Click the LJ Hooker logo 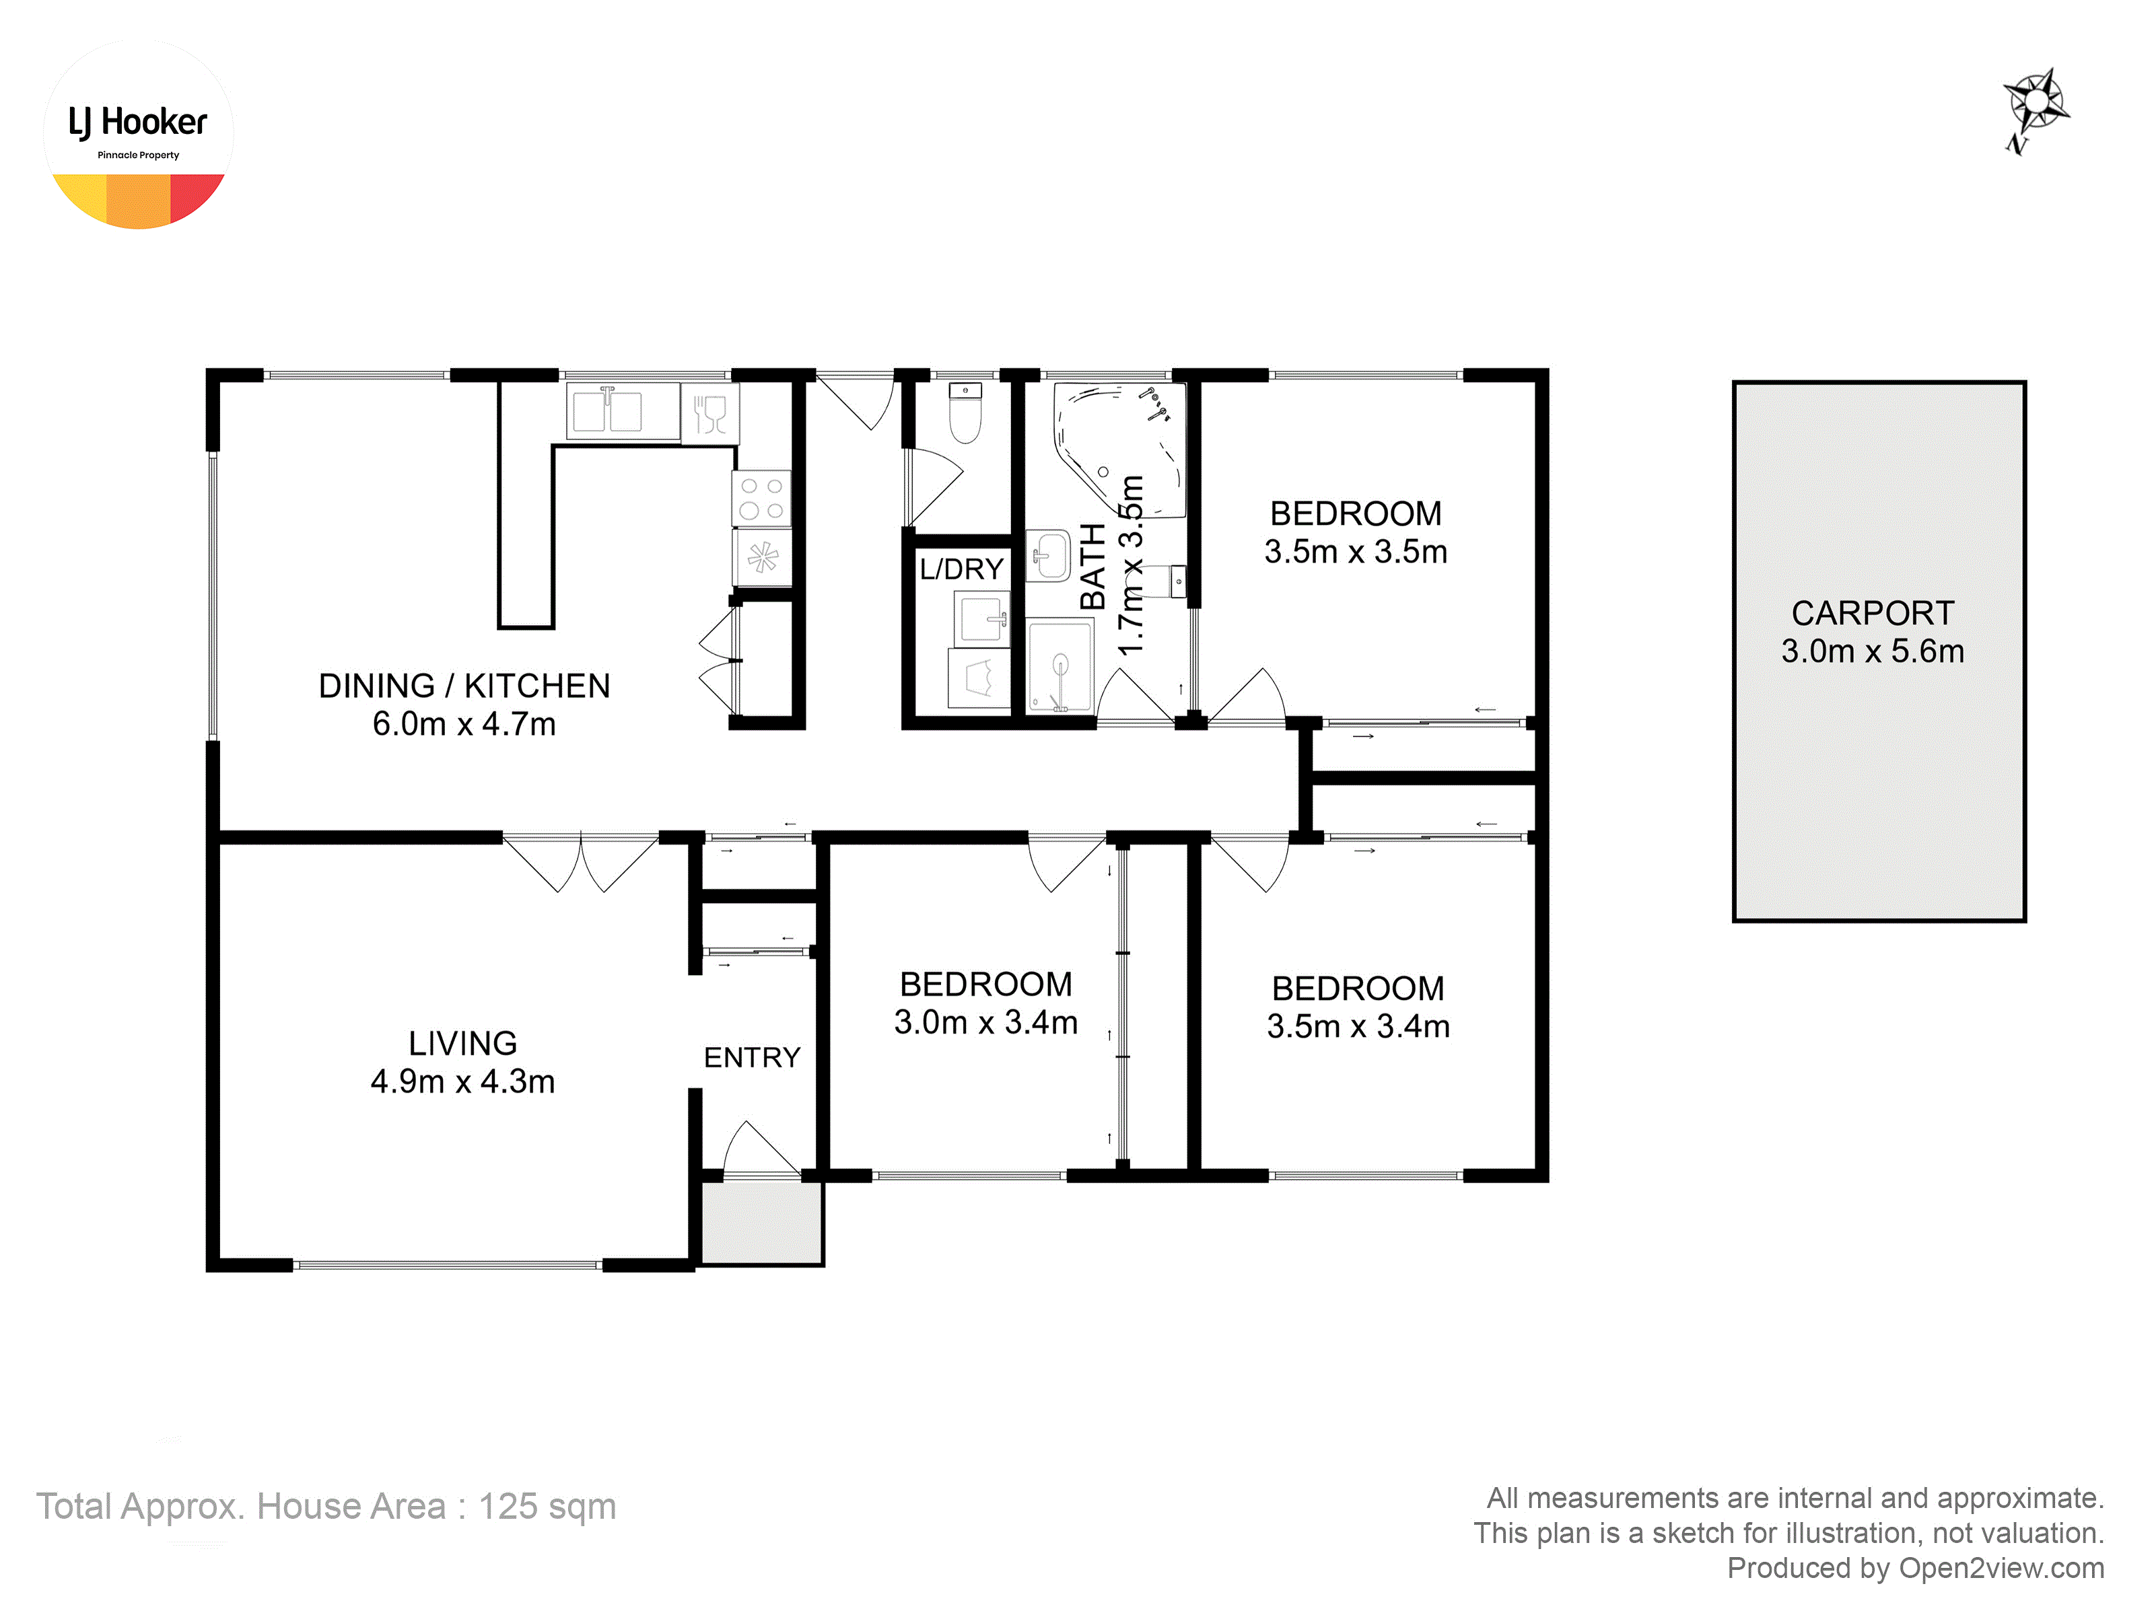point(138,135)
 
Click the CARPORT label point(1873,612)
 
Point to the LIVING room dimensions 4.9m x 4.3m point(462,1081)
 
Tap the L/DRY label point(961,569)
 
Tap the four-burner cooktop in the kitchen point(761,499)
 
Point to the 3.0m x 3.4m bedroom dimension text point(985,1022)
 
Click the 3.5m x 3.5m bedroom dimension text point(1356,551)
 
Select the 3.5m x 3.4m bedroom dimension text point(1358,1026)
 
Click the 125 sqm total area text point(547,1506)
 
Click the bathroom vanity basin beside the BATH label point(1049,555)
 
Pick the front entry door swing point(761,1149)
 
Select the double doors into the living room point(580,863)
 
